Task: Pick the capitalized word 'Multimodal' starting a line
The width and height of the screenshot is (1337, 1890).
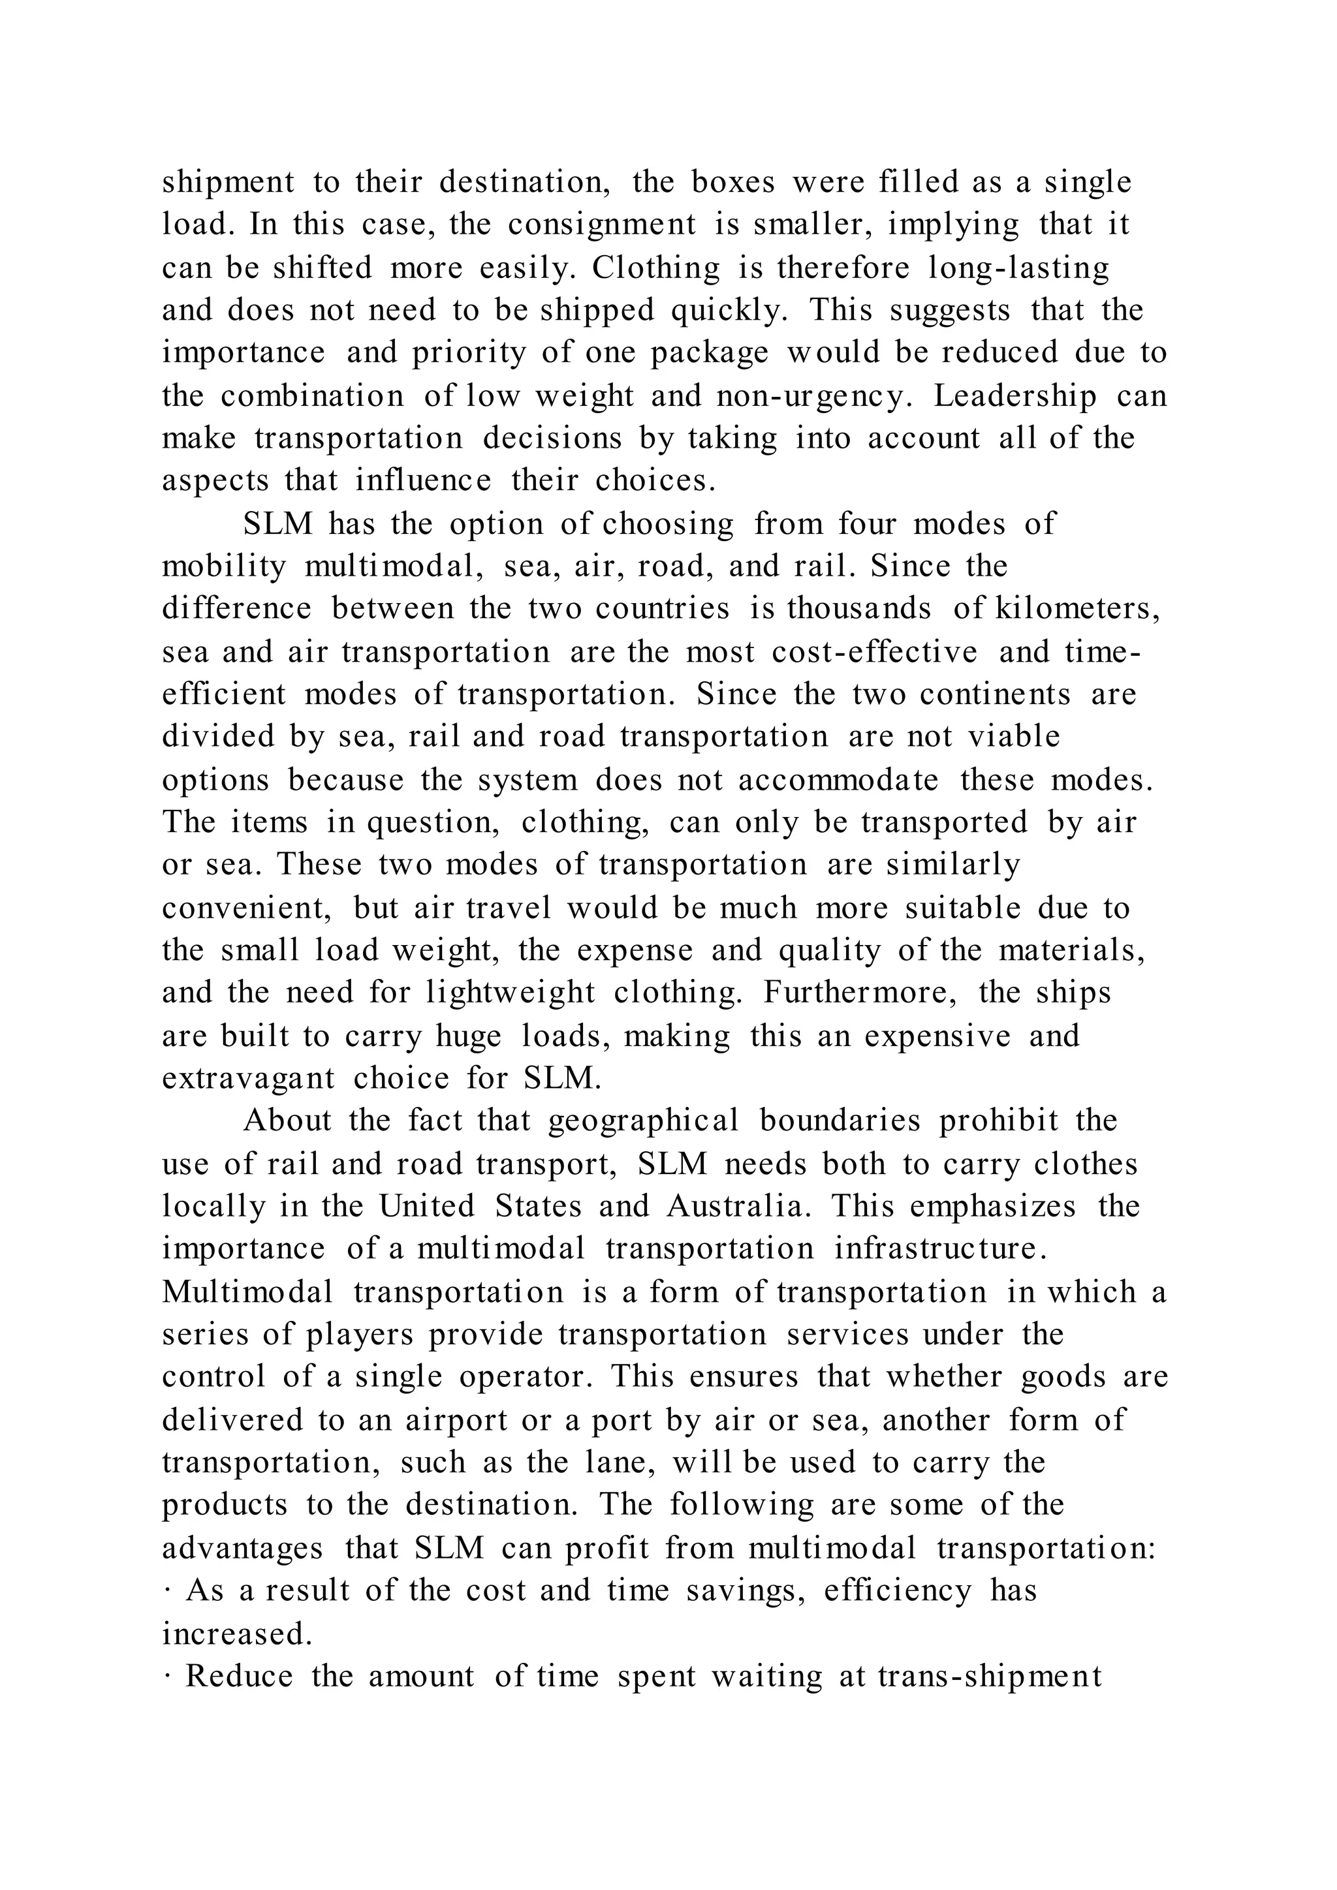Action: [248, 1292]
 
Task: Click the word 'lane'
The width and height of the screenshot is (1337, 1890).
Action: [619, 1463]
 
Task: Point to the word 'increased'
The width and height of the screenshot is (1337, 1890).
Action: [236, 1634]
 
